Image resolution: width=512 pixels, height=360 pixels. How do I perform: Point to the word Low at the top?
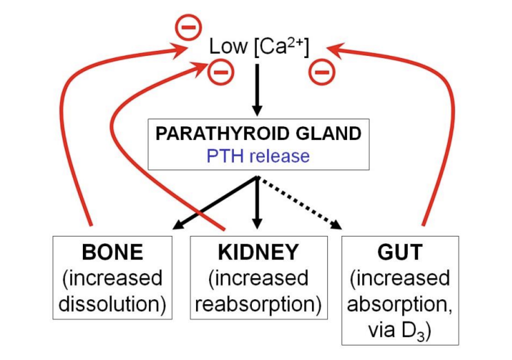click(228, 48)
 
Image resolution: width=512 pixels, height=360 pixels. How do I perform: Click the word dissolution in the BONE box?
click(112, 304)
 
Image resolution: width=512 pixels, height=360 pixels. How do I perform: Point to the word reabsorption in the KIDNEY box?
click(258, 304)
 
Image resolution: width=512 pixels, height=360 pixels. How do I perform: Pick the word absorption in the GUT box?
click(400, 304)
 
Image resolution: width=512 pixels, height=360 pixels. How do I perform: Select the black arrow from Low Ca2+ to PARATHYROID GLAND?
click(257, 90)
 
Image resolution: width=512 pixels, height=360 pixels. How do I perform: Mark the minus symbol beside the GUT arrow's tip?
click(322, 72)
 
